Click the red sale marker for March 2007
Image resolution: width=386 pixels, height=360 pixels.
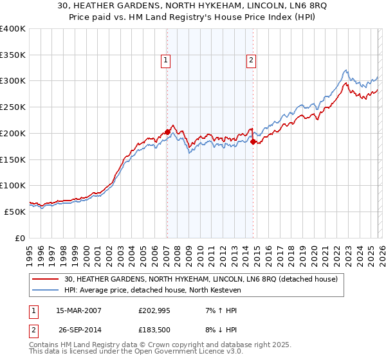click(x=167, y=132)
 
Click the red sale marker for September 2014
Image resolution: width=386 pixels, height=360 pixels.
click(x=253, y=142)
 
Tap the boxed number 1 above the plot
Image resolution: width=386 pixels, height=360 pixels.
click(x=165, y=61)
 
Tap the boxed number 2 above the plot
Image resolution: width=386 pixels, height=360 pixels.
click(x=250, y=61)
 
